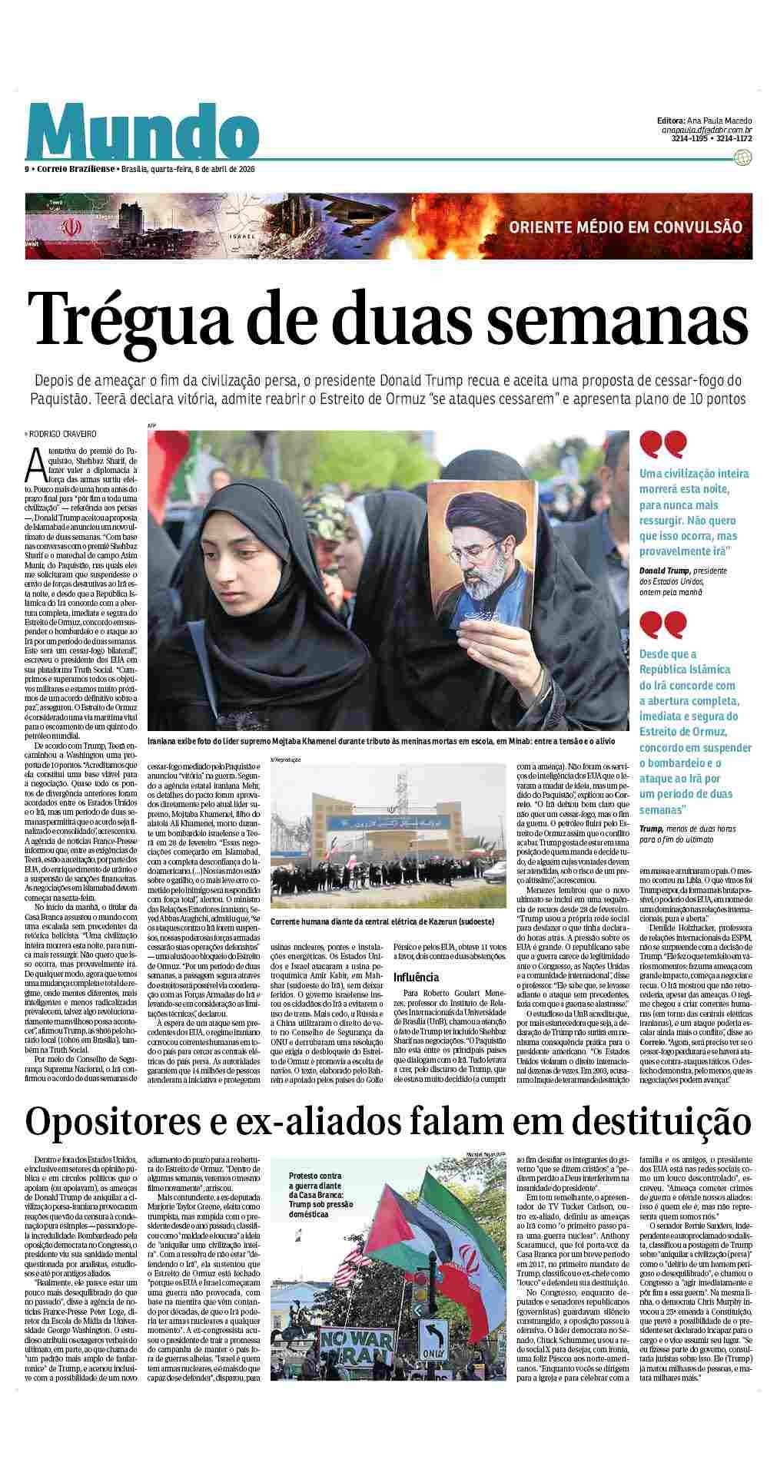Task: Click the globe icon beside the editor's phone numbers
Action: pyautogui.click(x=742, y=157)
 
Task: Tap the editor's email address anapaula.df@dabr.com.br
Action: pyautogui.click(x=706, y=131)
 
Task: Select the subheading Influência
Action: pyautogui.click(x=416, y=978)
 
